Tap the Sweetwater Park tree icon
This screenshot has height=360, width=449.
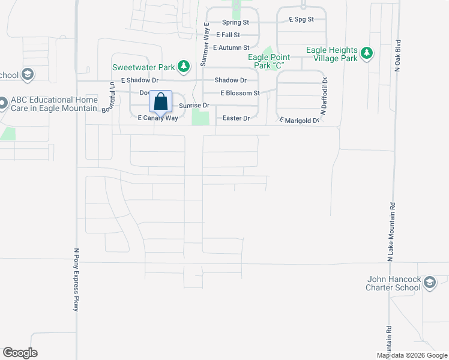point(185,65)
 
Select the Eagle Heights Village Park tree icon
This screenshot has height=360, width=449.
point(366,54)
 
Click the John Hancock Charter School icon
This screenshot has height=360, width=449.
point(429,282)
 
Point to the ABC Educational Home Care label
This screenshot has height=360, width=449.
point(53,104)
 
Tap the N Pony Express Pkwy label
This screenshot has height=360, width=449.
point(76,279)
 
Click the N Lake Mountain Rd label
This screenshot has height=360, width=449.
point(391,231)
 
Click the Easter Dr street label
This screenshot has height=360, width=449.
point(236,118)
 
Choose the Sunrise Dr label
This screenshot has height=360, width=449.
point(194,106)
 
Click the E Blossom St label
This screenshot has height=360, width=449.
point(240,93)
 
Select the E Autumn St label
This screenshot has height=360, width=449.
point(231,47)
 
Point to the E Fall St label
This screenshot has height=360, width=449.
point(228,35)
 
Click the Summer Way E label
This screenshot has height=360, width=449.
point(205,44)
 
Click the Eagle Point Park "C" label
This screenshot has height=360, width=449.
point(269,61)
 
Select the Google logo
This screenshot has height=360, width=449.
point(20,353)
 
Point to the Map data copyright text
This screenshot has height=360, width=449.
point(412,355)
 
